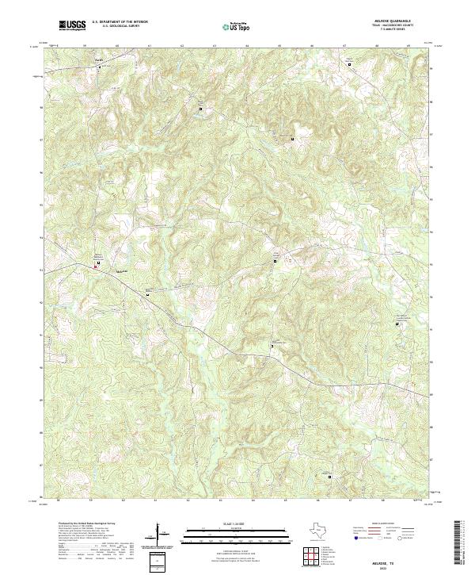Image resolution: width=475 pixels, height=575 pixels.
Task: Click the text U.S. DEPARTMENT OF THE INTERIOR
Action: [120, 21]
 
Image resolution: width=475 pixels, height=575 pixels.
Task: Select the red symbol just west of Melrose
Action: [97, 267]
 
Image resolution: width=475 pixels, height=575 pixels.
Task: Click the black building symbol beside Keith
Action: [100, 67]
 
